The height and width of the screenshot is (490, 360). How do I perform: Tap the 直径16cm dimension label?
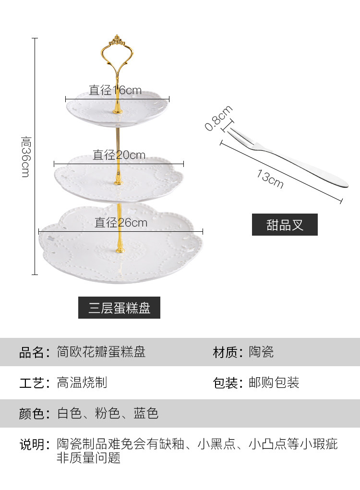coord(115,90)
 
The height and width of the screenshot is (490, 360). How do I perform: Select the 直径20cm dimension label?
coord(119,155)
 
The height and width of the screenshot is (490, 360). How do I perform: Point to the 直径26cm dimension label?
coord(120,222)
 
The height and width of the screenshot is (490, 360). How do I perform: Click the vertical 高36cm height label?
coord(25,156)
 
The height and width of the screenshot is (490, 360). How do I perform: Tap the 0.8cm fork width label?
coord(218,118)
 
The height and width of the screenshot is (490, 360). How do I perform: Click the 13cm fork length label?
coord(270,179)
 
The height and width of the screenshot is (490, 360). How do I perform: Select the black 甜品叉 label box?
coord(285,225)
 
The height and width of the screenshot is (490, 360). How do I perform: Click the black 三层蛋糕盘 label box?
coord(119,308)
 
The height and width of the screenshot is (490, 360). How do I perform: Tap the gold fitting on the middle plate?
coord(118,181)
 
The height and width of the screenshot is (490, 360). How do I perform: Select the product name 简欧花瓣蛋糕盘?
coord(101,352)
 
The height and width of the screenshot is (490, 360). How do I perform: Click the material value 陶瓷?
coord(261,352)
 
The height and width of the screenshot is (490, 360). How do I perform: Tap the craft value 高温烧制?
coord(82,382)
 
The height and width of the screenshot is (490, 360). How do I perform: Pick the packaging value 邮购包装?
coord(274,382)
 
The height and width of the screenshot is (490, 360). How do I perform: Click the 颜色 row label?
coord(34,413)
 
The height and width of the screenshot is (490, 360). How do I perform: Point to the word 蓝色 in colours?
coord(146,413)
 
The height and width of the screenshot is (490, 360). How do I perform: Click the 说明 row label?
coord(34,444)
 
